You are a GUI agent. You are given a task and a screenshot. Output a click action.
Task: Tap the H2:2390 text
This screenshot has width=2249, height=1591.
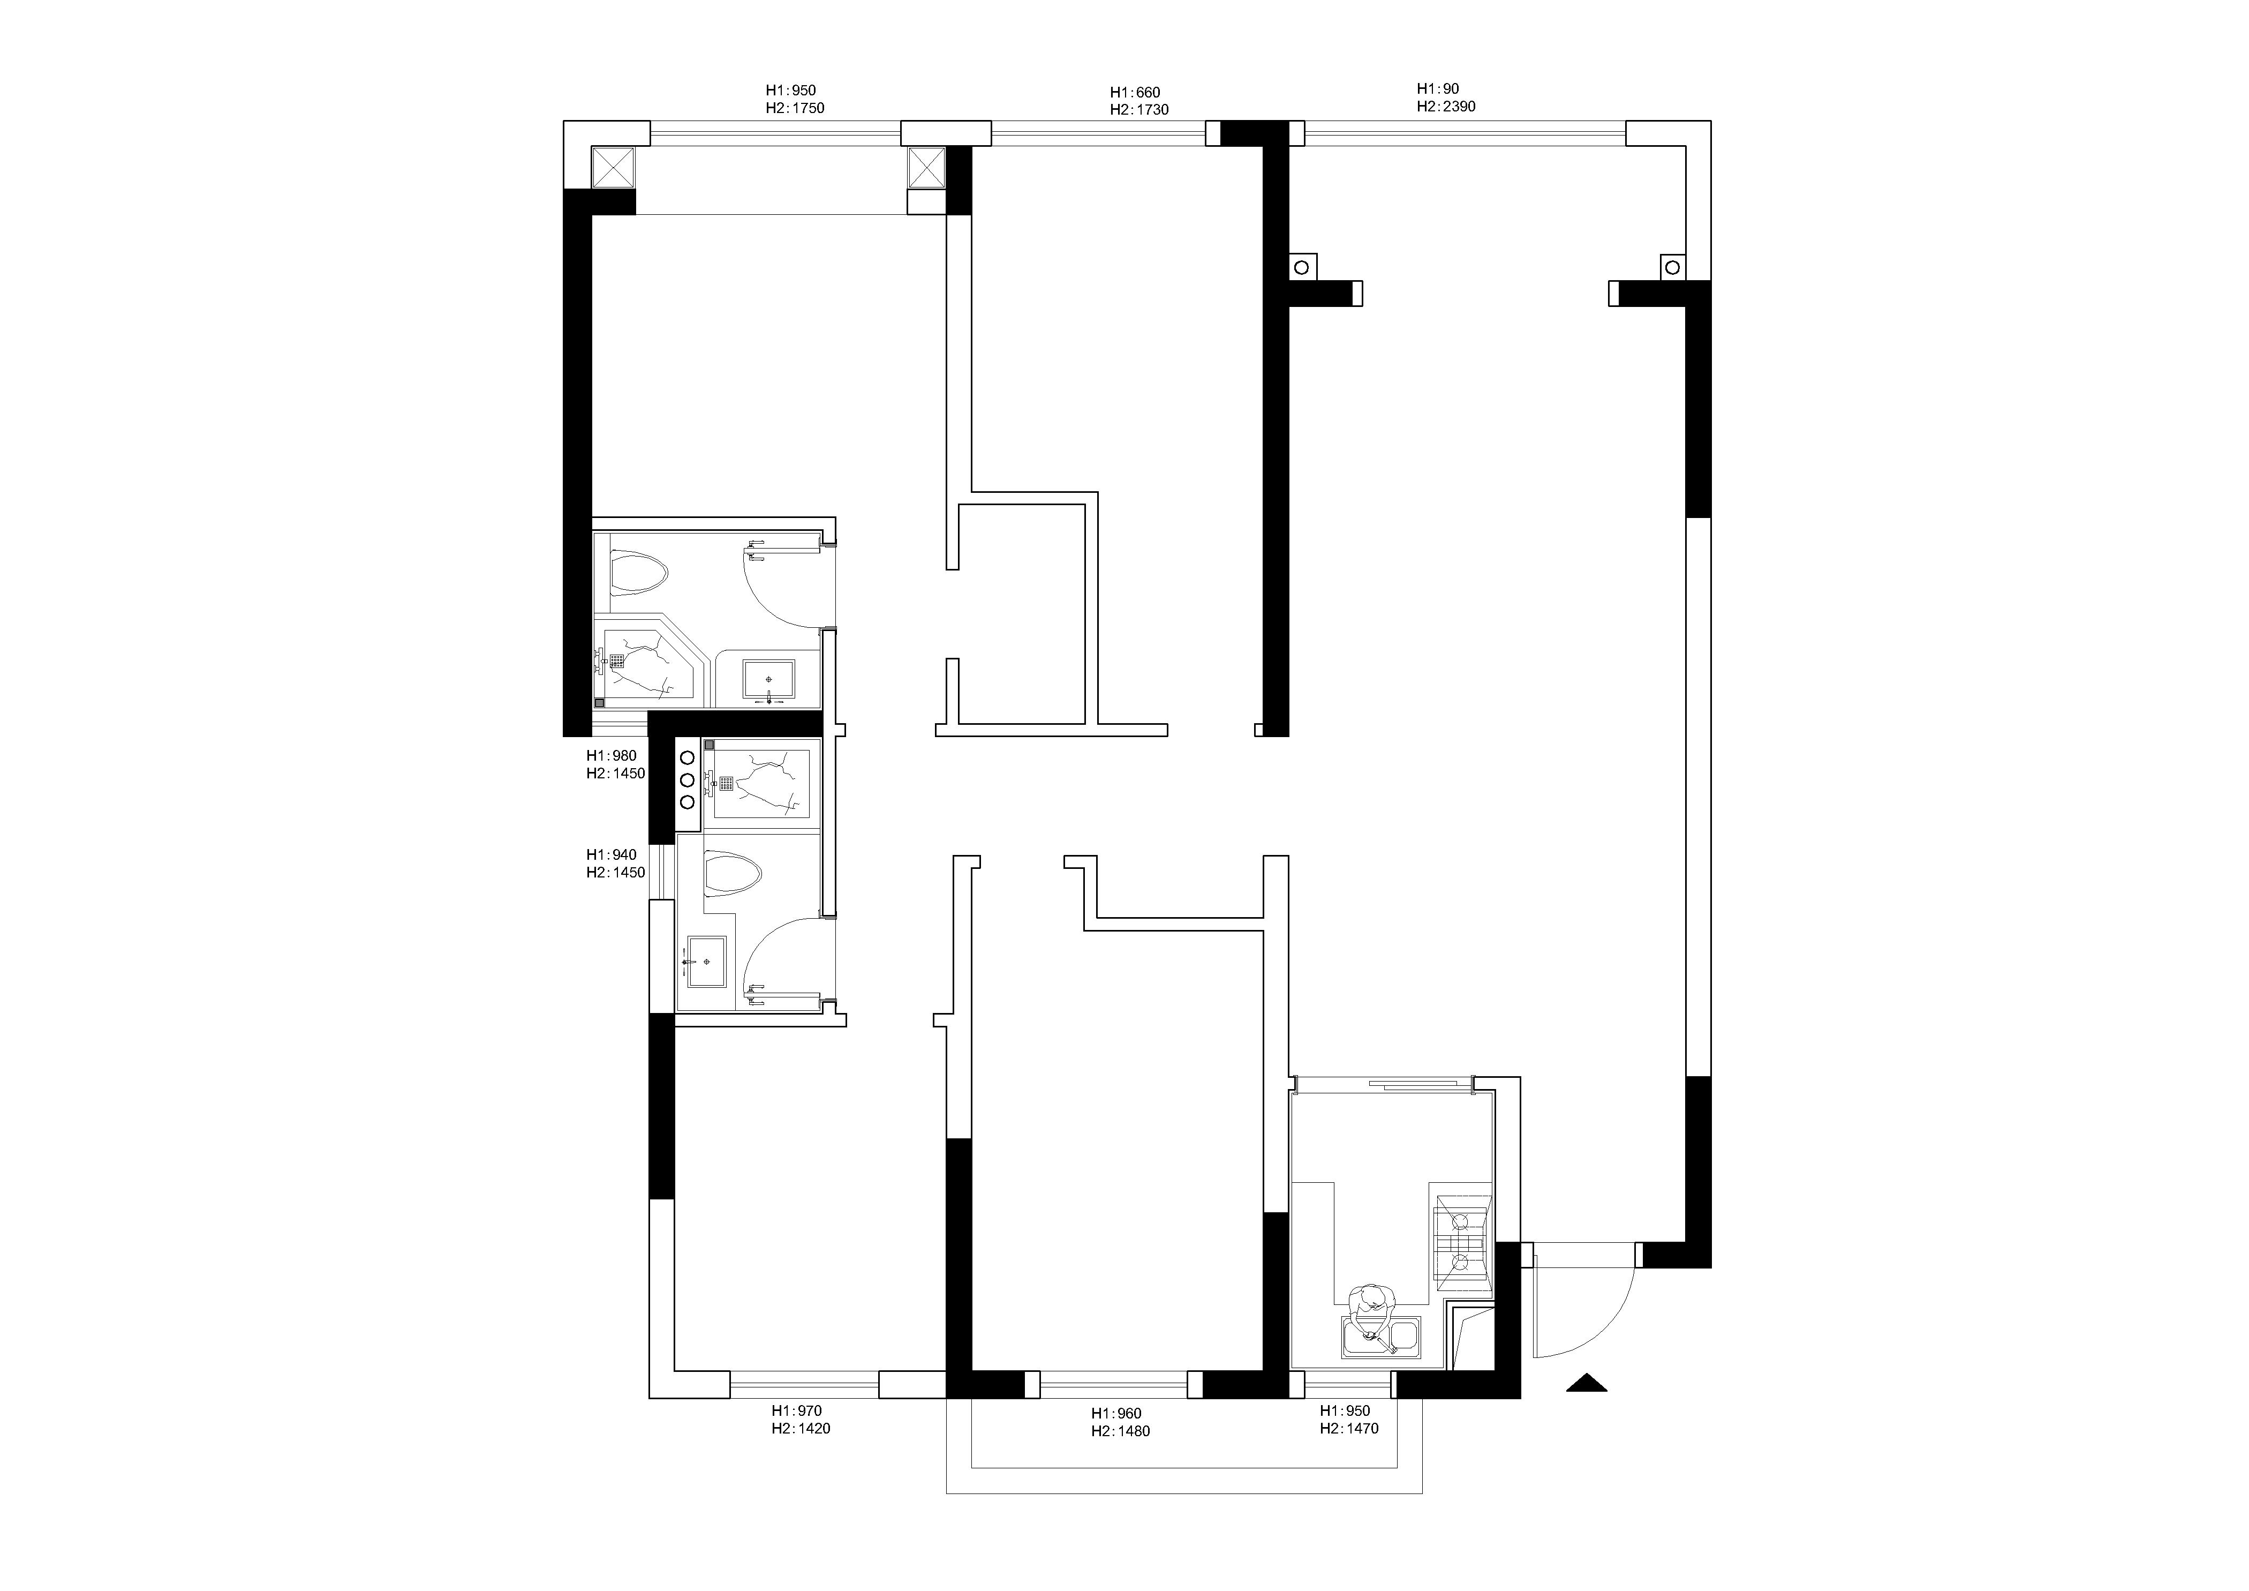[1446, 106]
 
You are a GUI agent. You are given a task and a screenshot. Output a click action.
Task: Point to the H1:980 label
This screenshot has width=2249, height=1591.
[611, 755]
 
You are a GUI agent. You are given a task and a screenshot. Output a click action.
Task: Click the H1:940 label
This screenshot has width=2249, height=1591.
[611, 854]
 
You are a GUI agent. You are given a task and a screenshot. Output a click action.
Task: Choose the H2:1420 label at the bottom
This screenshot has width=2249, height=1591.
[801, 1428]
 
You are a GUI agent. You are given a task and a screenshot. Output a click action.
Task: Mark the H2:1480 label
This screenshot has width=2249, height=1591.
[1121, 1431]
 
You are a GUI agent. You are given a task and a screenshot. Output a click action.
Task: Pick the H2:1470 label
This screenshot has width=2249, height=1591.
[1349, 1428]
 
